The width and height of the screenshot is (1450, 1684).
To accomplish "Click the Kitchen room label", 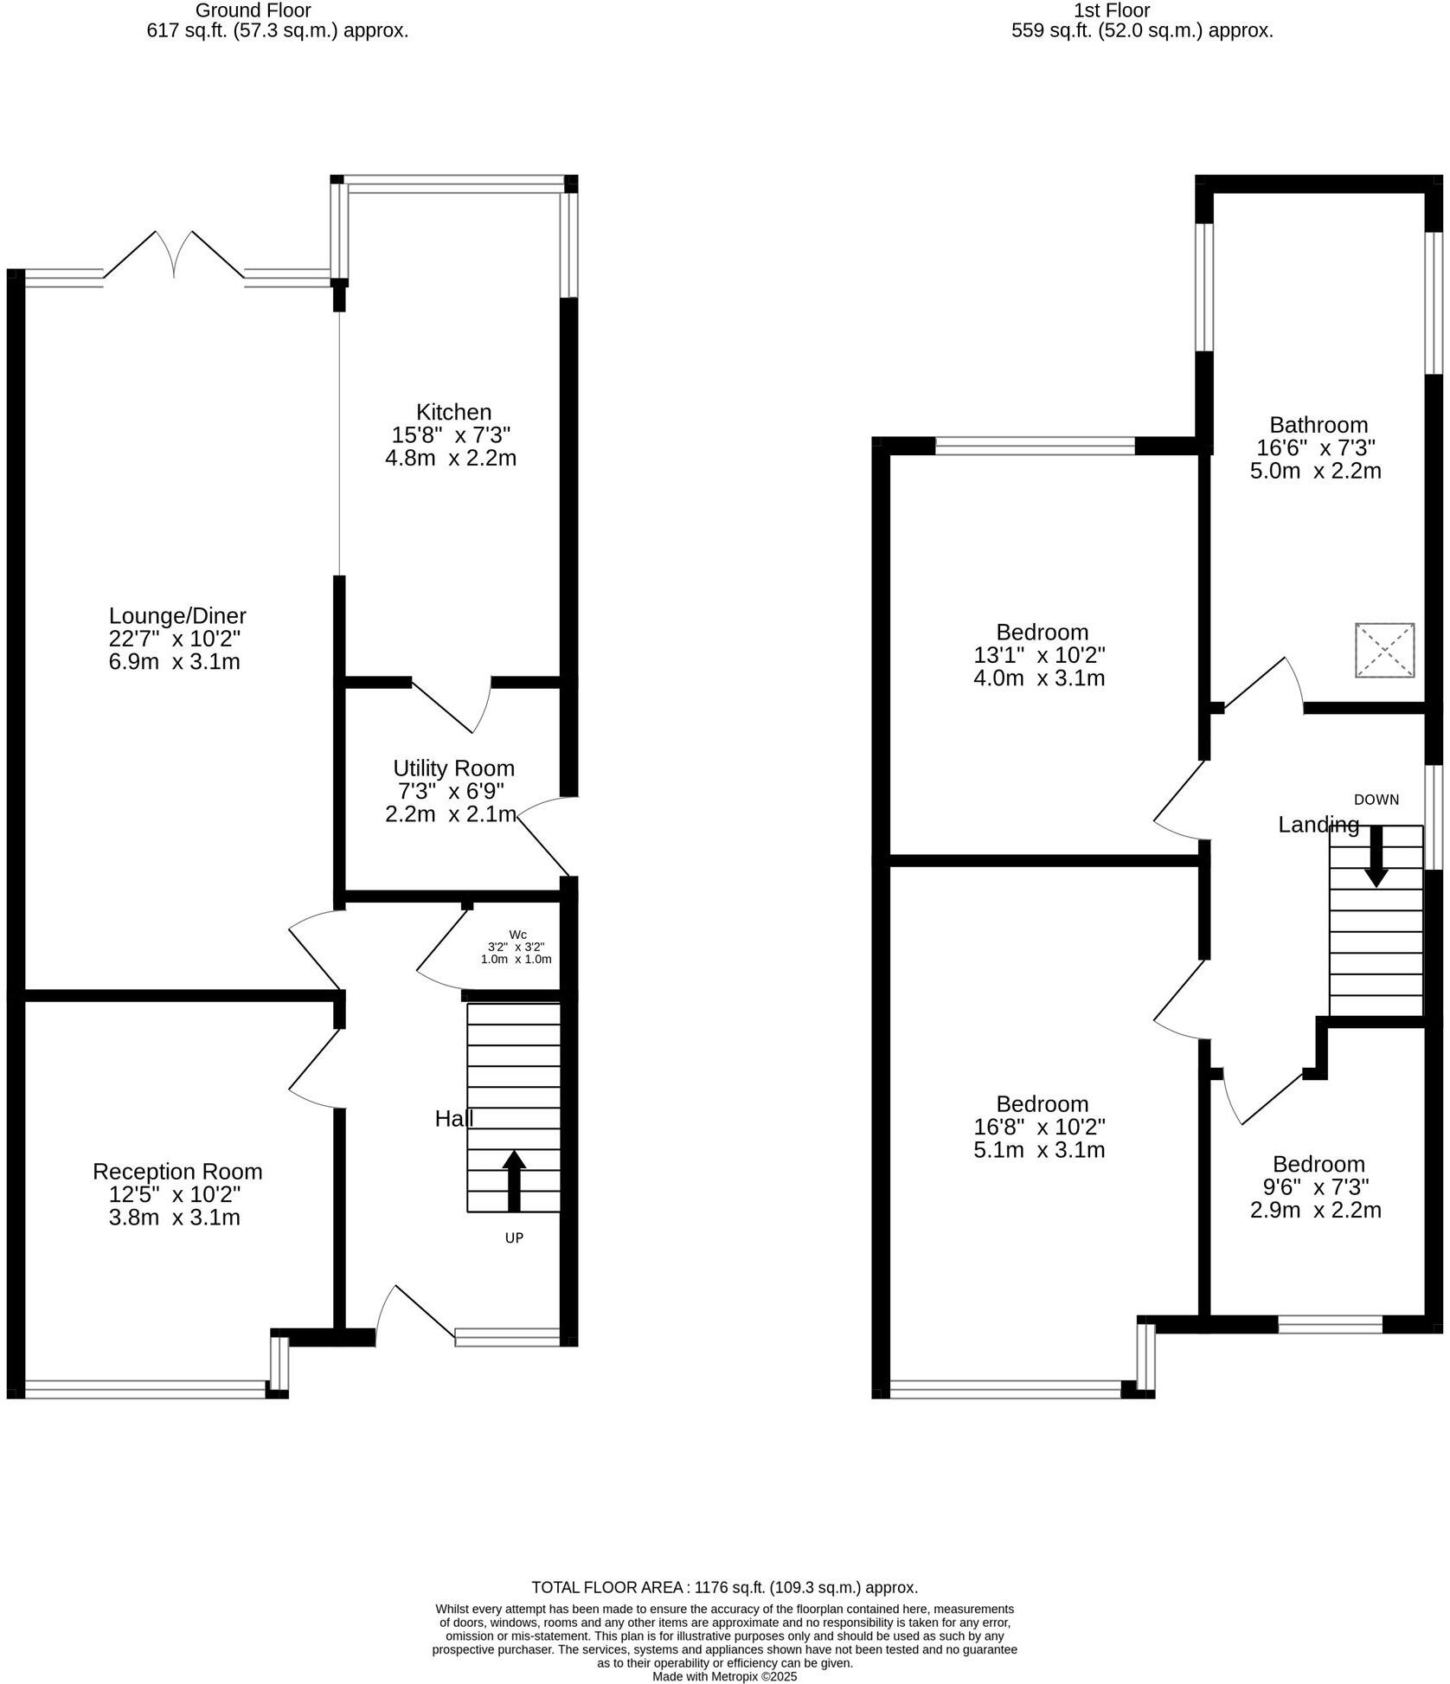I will point(453,412).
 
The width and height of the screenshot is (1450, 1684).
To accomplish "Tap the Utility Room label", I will point(453,768).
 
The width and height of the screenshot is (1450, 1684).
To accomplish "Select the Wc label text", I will point(517,935).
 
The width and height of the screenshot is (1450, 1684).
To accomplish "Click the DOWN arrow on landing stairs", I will point(1376,856).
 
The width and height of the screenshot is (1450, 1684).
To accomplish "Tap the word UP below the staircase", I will point(514,1238).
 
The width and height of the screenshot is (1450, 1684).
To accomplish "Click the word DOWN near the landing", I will point(1376,800).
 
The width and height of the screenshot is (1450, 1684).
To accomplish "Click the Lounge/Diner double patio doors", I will point(175,255).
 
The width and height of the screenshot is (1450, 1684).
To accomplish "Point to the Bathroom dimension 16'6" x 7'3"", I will point(1315,447).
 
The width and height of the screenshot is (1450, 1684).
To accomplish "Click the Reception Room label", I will point(177,1172).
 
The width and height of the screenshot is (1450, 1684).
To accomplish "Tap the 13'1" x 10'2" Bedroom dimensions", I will point(1039,655).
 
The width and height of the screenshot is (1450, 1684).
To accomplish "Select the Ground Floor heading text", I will point(253,10).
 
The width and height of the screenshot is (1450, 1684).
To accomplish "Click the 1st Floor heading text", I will point(1111,10).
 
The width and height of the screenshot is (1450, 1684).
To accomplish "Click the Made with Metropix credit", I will point(724,1676).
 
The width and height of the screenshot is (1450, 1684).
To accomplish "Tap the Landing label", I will point(1318,825).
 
